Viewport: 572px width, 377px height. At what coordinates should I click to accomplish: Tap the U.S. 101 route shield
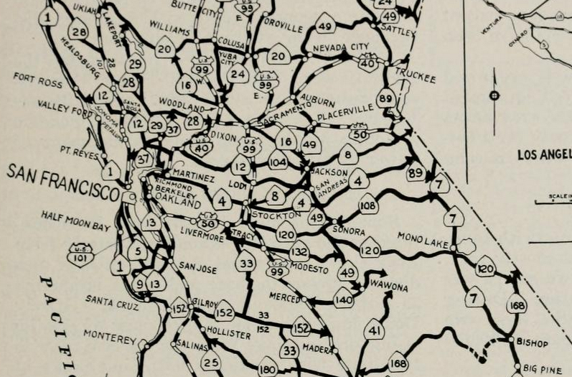pos(80,254)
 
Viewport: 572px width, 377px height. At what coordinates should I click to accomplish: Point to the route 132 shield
pos(300,251)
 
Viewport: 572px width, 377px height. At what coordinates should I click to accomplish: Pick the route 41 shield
pos(373,330)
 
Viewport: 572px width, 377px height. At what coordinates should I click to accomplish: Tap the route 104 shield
pos(278,161)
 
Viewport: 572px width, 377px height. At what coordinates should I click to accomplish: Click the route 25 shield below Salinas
pos(210,362)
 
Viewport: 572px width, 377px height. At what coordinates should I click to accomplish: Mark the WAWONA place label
pos(388,287)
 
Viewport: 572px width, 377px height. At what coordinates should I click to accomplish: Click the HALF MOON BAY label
pos(75,220)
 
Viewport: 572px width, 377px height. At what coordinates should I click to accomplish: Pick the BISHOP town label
pos(532,343)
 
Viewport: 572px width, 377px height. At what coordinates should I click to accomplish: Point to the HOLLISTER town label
pos(228,335)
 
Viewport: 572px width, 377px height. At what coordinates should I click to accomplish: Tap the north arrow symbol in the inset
pos(494,96)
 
